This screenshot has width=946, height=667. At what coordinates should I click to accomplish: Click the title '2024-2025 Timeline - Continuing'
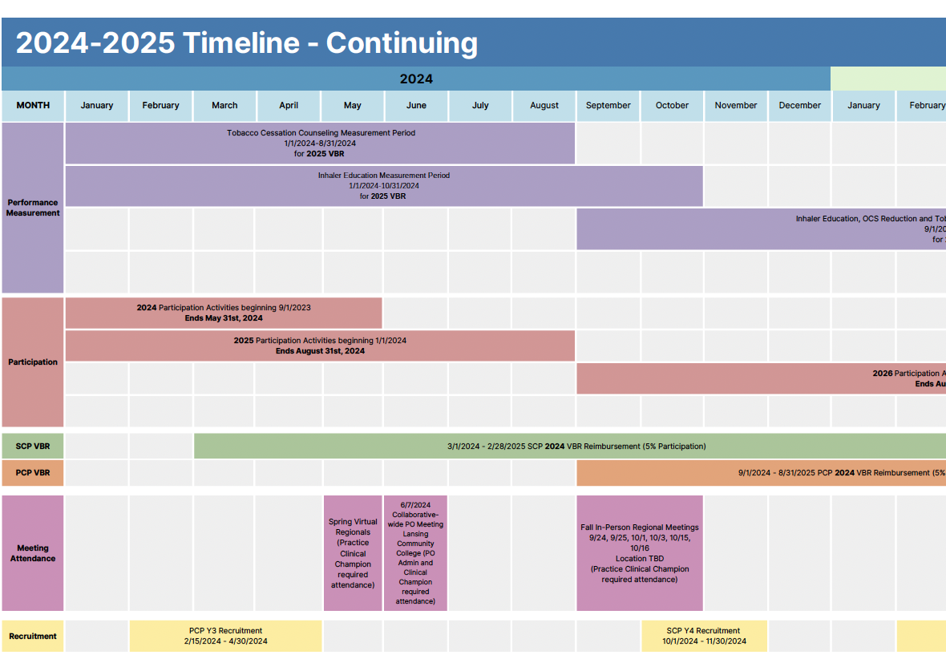pyautogui.click(x=246, y=42)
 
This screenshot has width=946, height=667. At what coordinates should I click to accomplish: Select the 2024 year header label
pyautogui.click(x=416, y=79)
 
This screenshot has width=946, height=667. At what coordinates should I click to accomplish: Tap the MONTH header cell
pyautogui.click(x=33, y=105)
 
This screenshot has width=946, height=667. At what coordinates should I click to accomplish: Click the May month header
pyautogui.click(x=353, y=105)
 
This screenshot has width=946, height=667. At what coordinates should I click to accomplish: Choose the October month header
pyautogui.click(x=672, y=105)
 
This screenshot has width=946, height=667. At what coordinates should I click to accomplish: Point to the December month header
pyautogui.click(x=799, y=105)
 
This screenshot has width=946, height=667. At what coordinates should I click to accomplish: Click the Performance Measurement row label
pyautogui.click(x=33, y=208)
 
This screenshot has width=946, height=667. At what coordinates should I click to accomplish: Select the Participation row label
pyautogui.click(x=33, y=362)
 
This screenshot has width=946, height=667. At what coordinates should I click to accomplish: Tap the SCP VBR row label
pyautogui.click(x=33, y=446)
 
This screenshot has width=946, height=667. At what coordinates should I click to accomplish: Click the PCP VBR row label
pyautogui.click(x=33, y=472)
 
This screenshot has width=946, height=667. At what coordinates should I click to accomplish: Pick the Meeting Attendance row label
pyautogui.click(x=33, y=553)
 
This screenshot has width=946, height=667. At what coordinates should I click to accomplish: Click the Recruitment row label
pyautogui.click(x=33, y=636)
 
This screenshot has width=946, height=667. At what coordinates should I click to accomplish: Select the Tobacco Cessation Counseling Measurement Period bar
pyautogui.click(x=321, y=143)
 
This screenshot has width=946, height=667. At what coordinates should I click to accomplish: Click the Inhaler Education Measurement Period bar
pyautogui.click(x=384, y=185)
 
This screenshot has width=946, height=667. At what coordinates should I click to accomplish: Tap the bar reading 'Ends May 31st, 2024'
pyautogui.click(x=224, y=313)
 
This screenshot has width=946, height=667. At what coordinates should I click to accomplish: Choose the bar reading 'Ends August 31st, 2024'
pyautogui.click(x=320, y=346)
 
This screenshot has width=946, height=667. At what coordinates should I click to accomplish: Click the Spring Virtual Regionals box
pyautogui.click(x=353, y=553)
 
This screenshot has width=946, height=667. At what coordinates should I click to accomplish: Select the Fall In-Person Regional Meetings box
pyautogui.click(x=640, y=553)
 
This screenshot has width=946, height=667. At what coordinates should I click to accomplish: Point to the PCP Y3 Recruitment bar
pyautogui.click(x=225, y=636)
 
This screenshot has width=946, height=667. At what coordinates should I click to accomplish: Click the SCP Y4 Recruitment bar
pyautogui.click(x=703, y=636)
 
